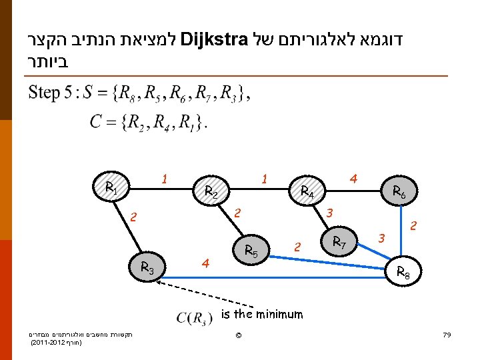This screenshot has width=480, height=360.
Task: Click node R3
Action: coord(147,268)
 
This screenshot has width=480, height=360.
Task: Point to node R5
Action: coord(252,251)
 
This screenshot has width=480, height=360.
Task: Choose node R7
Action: coord(339,241)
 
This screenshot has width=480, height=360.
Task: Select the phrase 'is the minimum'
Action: coord(262,315)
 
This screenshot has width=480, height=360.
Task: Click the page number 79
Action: coord(447,334)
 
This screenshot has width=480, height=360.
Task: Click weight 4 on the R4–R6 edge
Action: coord(353,178)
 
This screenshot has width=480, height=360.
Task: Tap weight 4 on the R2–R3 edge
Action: coord(206,264)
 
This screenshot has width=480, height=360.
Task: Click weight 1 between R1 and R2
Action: coord(164,178)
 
